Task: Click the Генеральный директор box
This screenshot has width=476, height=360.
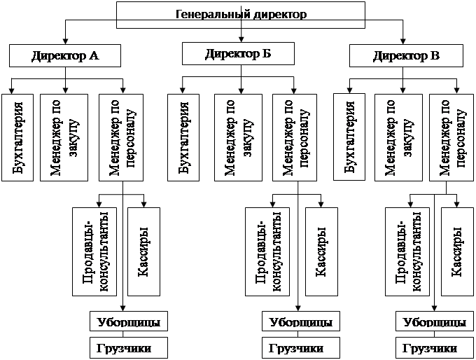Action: pyautogui.click(x=240, y=13)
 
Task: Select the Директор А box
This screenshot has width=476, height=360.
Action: pyautogui.click(x=65, y=56)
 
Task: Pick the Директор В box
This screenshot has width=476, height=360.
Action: pyautogui.click(x=405, y=56)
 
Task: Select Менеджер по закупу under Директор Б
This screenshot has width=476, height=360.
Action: pyautogui.click(x=239, y=137)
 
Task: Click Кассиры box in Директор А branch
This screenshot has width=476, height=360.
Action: pyautogui.click(x=143, y=251)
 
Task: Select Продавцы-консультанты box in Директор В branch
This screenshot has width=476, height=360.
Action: pyautogui.click(x=409, y=251)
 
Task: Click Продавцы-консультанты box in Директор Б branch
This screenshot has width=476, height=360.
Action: pyautogui.click(x=268, y=251)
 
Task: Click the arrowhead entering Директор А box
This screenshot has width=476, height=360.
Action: pyautogui.click(x=65, y=42)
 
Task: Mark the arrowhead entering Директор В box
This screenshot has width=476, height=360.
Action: pyautogui.click(x=404, y=42)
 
